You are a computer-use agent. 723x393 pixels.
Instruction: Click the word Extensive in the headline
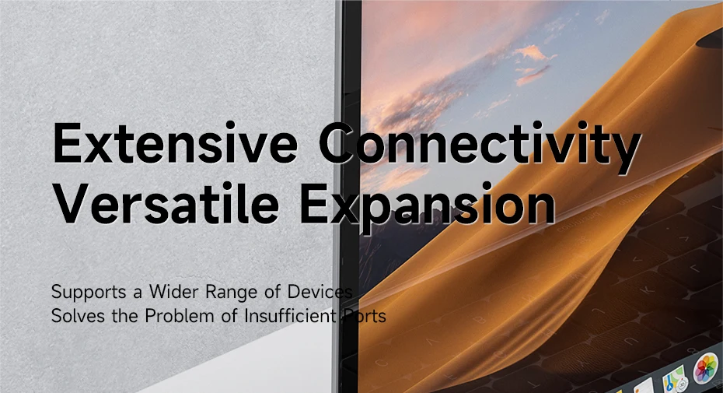click(x=175, y=142)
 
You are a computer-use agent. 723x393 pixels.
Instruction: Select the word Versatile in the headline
click(x=166, y=203)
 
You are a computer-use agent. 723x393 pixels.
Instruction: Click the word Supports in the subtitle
click(x=89, y=293)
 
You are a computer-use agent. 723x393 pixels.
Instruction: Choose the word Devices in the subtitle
click(x=320, y=291)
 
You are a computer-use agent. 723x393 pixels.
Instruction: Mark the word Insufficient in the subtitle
click(x=290, y=315)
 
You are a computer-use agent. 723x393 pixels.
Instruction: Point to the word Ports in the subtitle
click(x=365, y=316)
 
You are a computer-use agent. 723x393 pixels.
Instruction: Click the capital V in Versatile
click(x=71, y=203)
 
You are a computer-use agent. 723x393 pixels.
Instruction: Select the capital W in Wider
click(x=158, y=292)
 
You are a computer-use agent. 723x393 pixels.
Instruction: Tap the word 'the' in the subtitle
click(x=126, y=316)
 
